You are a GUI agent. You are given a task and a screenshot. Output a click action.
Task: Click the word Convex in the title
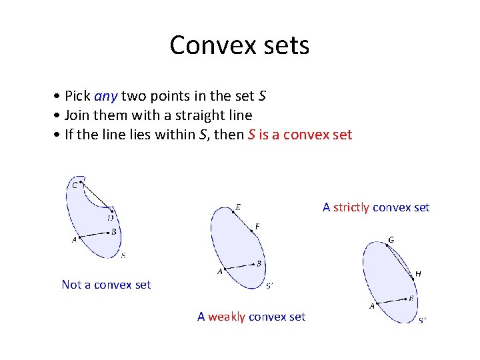(207, 45)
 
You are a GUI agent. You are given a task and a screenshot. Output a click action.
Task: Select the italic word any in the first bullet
(106, 96)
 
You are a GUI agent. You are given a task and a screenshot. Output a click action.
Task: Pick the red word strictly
(351, 207)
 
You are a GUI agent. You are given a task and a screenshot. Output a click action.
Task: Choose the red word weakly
(227, 317)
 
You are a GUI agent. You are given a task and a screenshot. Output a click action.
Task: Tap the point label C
(75, 186)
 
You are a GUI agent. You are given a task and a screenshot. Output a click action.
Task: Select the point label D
(110, 217)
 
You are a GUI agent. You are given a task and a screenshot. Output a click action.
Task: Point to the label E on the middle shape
(238, 207)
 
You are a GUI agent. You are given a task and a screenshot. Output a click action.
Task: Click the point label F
(257, 227)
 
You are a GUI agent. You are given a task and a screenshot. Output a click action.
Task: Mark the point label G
(391, 239)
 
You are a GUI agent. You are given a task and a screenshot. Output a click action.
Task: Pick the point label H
(418, 273)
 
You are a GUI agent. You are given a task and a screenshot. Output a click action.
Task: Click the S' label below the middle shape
(269, 287)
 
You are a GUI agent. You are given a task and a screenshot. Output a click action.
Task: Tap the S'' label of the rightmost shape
(423, 321)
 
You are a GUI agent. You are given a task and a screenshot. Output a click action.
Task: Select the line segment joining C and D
(97, 195)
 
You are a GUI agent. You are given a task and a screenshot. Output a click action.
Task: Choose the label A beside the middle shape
(219, 272)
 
